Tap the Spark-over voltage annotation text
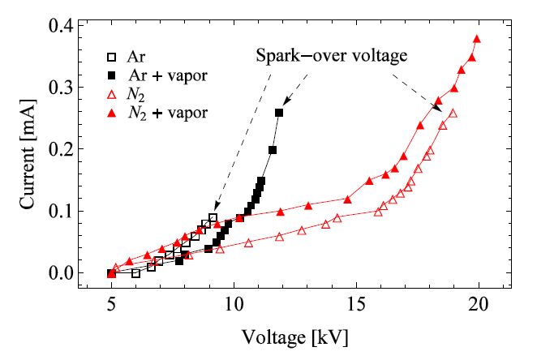[331, 56]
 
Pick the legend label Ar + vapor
[170, 75]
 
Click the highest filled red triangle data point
[477, 39]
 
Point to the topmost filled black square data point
[279, 113]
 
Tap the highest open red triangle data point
[453, 113]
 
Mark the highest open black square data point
[213, 217]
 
